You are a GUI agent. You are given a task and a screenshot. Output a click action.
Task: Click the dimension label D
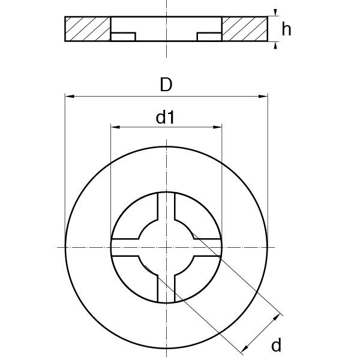point(166,85)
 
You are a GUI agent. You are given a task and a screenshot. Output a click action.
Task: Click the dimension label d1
point(165,117)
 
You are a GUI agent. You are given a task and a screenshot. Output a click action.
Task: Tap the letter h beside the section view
point(286,29)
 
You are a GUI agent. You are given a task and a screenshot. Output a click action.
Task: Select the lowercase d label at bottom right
point(276,345)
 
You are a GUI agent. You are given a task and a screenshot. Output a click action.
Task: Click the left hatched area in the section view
point(88,29)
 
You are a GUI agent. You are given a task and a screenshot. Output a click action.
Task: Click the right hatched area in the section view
point(245,29)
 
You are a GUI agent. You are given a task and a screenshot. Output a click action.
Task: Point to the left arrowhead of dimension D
point(70,97)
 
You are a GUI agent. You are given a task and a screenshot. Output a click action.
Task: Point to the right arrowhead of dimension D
point(263,97)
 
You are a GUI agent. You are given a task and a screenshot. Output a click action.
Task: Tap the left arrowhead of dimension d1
point(115,127)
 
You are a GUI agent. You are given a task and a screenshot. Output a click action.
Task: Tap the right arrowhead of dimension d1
point(217,127)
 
